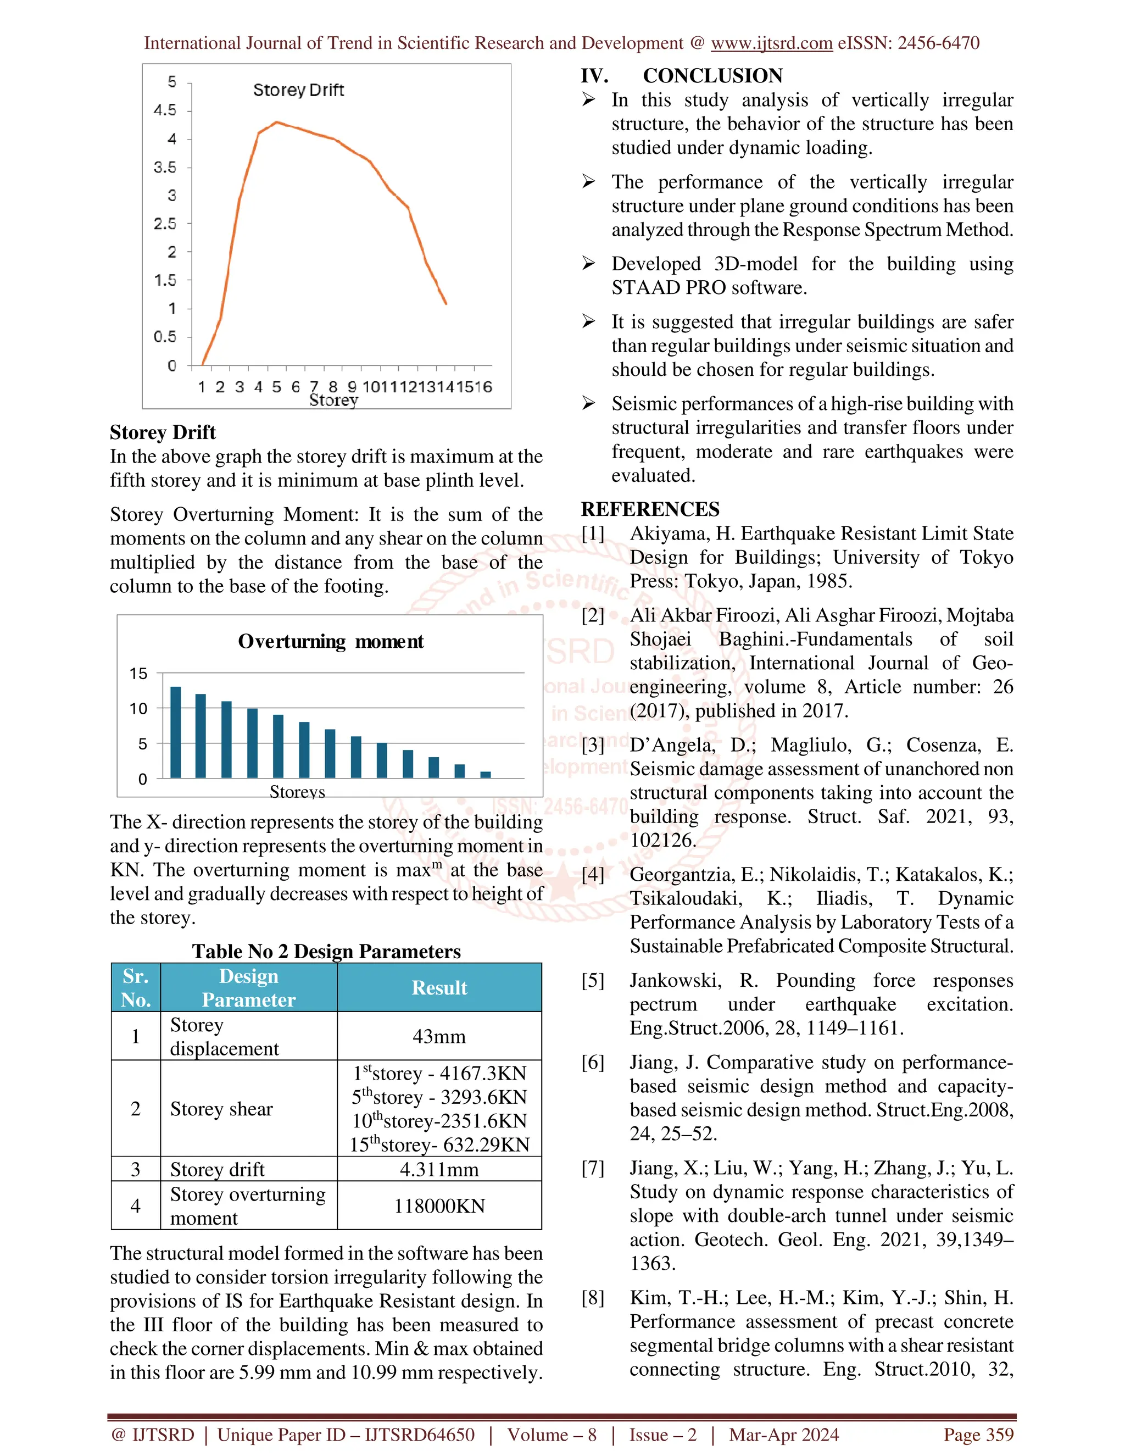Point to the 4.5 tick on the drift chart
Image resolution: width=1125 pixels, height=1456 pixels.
(x=165, y=110)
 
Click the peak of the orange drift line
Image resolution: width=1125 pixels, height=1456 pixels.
(x=277, y=123)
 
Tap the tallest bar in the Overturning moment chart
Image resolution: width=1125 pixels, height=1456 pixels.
(x=176, y=732)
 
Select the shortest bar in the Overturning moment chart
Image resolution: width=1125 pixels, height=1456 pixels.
(x=485, y=774)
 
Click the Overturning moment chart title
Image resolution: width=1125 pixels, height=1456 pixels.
(x=331, y=641)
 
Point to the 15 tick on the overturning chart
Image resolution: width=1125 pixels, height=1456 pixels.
(x=138, y=674)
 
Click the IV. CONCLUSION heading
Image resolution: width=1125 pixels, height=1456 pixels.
(x=681, y=75)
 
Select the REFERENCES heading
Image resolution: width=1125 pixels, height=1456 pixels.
(x=650, y=509)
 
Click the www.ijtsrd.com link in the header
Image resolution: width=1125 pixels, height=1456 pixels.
(x=771, y=43)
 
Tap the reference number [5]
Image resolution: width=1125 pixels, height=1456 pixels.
(x=593, y=980)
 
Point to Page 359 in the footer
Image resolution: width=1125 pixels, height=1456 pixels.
(x=978, y=1435)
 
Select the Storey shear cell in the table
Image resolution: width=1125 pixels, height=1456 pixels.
(x=221, y=1109)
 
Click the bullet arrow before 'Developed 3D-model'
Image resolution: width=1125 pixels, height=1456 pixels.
(x=588, y=263)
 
